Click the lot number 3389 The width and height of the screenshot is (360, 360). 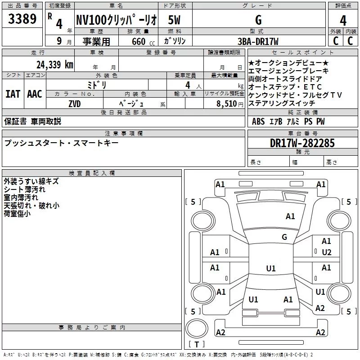(22, 18)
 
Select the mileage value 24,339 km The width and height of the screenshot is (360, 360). (55, 65)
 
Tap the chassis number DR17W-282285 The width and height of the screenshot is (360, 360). (302, 143)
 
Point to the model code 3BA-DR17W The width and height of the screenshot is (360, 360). (258, 41)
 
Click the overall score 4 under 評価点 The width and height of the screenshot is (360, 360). (343, 21)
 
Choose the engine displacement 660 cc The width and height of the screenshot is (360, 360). (143, 41)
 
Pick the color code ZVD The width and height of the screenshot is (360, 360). (75, 104)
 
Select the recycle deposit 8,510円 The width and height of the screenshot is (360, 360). (230, 104)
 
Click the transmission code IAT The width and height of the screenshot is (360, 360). (13, 94)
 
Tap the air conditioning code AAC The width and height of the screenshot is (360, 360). (35, 94)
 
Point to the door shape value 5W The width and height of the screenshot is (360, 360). (174, 20)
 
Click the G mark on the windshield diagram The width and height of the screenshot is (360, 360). (284, 237)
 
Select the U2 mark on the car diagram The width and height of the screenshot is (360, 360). (327, 252)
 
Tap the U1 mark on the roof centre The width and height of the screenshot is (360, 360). (271, 268)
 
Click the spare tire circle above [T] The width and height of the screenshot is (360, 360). (197, 328)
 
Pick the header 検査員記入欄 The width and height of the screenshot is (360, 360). (92, 173)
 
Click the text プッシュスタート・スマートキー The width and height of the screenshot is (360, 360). (61, 143)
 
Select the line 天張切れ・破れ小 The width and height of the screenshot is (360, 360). (31, 206)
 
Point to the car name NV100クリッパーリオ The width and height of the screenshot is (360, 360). (117, 20)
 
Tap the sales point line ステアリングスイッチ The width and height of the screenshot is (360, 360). (282, 103)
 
